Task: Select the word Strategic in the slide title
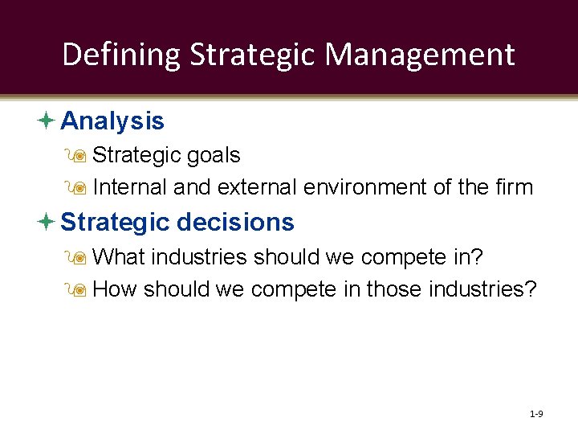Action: pos(254,55)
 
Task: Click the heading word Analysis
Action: pos(112,121)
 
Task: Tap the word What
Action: pos(119,257)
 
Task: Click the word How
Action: pos(116,289)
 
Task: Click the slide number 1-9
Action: pos(536,414)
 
